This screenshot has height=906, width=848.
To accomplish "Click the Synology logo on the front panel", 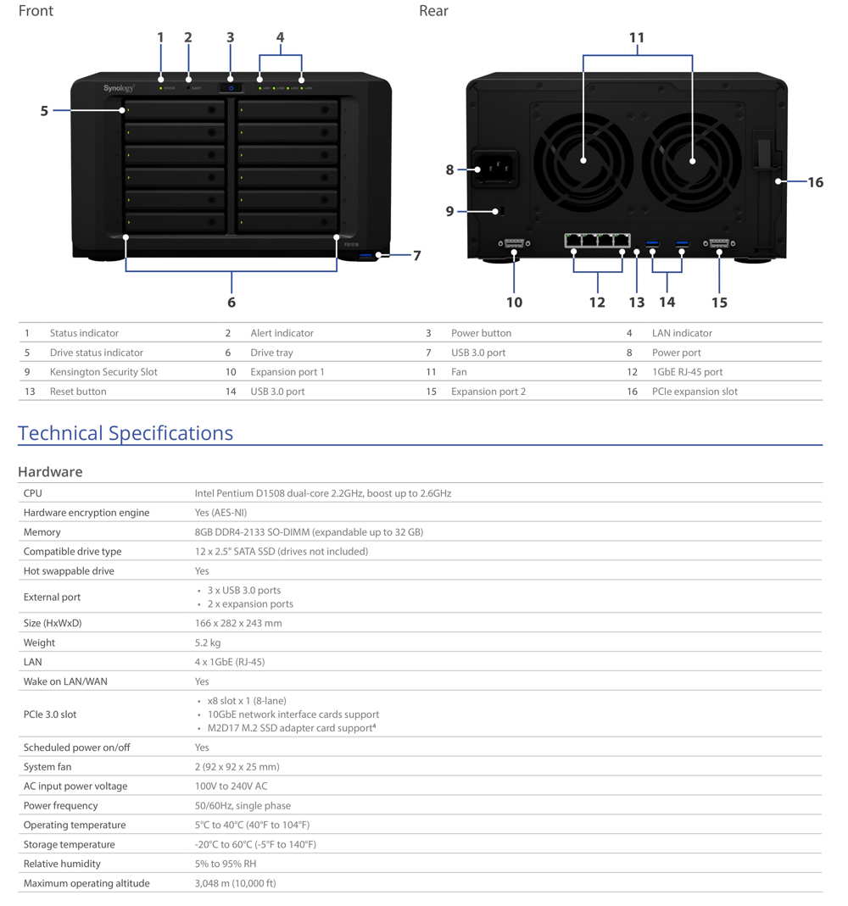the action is (x=119, y=88).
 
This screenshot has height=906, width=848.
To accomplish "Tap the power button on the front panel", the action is (x=231, y=88).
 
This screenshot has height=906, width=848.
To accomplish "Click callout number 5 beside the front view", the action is (x=44, y=110).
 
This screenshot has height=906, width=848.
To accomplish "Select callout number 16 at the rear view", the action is (x=815, y=182).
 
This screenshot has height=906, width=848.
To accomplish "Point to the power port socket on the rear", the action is (x=495, y=168).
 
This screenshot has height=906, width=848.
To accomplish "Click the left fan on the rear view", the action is (x=583, y=162).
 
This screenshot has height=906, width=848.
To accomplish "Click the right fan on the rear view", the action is (x=691, y=162).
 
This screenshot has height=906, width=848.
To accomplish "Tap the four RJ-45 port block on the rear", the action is (x=597, y=241).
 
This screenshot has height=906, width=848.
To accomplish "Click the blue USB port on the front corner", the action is (x=367, y=255).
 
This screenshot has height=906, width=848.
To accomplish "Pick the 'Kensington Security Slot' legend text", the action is (x=103, y=371).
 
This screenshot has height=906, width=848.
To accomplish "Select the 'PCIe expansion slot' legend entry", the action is (x=695, y=392).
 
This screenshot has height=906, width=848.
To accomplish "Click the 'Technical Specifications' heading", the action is (x=126, y=433).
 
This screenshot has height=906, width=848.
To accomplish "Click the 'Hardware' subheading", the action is (x=50, y=471).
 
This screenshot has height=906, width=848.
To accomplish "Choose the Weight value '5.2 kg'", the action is (x=208, y=642).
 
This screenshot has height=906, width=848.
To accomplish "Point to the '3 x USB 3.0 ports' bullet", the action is (x=244, y=590).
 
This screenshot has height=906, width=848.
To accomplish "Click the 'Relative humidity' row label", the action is (x=62, y=864).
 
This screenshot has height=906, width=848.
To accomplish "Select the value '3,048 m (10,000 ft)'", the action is (x=235, y=883).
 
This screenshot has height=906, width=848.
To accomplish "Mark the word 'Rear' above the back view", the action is (x=433, y=11).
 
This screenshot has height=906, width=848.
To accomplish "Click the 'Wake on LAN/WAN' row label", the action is (x=65, y=681).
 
